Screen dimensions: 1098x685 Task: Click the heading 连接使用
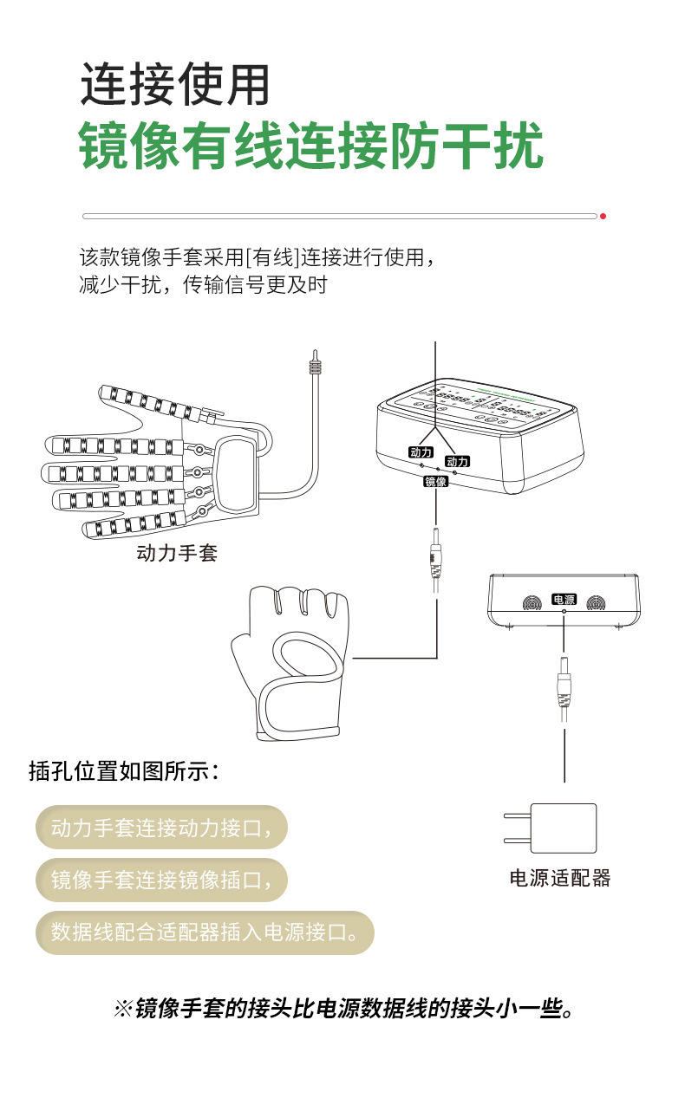(176, 86)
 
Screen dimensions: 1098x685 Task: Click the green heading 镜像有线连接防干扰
(310, 146)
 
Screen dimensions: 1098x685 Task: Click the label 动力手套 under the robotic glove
(177, 552)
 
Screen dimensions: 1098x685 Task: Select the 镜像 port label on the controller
(435, 482)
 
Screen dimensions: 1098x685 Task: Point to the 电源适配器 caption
(559, 878)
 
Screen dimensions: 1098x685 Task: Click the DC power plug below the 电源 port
(564, 685)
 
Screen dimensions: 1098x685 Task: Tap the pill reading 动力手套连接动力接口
(161, 828)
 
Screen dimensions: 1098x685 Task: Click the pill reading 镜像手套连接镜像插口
(161, 880)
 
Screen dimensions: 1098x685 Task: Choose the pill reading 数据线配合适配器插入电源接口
(205, 932)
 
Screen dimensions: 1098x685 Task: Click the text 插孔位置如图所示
(124, 771)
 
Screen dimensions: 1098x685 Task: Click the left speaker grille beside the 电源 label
(531, 603)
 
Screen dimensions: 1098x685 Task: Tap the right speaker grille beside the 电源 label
(597, 603)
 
